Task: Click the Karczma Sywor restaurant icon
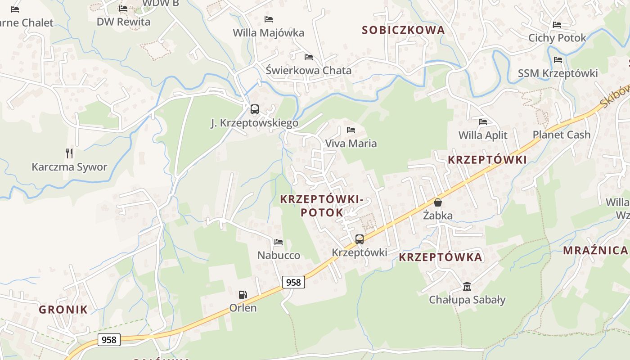pos(69,153)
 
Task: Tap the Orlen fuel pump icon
pos(243,295)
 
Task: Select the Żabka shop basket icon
pos(438,202)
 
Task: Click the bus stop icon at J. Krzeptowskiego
pos(255,109)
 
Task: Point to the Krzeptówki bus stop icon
pos(359,239)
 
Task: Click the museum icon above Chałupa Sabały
pos(467,286)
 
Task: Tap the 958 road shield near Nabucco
pos(293,282)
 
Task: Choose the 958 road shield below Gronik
pos(109,340)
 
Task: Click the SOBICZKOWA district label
pos(403,30)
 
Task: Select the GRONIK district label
pos(63,309)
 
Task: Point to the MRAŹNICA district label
pos(595,251)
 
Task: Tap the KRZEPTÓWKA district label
pos(441,257)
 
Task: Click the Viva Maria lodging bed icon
pos(351,130)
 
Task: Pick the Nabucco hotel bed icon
pos(279,242)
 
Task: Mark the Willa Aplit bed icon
pos(483,121)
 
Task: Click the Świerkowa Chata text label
pos(308,71)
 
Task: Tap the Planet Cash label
pos(561,135)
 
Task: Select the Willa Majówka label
pos(268,33)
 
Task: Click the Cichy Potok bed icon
pos(557,25)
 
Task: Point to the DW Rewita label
pos(123,22)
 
